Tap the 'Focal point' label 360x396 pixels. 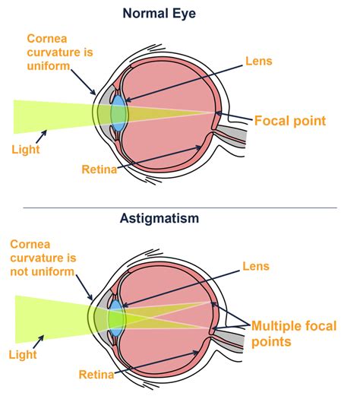click(x=289, y=120)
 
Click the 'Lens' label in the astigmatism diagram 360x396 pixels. click(x=255, y=266)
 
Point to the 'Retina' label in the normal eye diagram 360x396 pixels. click(x=99, y=169)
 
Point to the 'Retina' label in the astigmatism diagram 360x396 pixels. click(x=96, y=373)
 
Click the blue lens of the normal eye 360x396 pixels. click(x=119, y=112)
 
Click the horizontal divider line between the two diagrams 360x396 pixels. click(x=179, y=207)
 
